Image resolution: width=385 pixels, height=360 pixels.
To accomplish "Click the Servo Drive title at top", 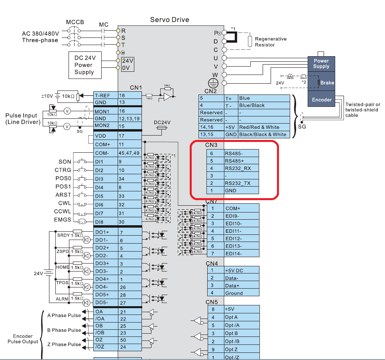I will (169, 20).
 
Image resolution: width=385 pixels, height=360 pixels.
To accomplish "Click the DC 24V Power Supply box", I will (84, 65).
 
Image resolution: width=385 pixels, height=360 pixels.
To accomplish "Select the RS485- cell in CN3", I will (241, 153).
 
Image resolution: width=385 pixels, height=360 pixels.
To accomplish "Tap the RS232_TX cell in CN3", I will (241, 183).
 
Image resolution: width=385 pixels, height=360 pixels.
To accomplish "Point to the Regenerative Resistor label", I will (271, 42).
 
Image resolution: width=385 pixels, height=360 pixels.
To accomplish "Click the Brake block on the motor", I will (327, 83).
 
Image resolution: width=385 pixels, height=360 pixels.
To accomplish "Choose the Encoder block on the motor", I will (322, 100).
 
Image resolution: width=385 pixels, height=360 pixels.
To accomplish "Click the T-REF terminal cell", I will (105, 95).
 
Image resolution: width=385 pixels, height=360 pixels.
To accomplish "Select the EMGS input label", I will (63, 220).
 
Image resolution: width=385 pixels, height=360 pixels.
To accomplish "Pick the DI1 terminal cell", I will (105, 162).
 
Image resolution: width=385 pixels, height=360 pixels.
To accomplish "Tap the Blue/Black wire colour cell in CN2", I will (263, 105).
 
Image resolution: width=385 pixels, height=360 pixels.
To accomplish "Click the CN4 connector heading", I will (212, 263).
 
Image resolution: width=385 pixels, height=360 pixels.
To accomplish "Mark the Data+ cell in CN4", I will (241, 285).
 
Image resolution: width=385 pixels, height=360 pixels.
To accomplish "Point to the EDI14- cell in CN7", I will (241, 254).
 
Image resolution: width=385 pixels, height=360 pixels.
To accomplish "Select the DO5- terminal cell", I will (105, 303).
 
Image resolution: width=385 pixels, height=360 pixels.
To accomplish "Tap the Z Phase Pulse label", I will (64, 344).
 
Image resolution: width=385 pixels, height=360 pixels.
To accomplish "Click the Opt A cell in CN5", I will (241, 317).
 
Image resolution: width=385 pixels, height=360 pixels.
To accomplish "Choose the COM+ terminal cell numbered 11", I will (105, 144).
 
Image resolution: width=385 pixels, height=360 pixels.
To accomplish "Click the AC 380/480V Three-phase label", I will (40, 37).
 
